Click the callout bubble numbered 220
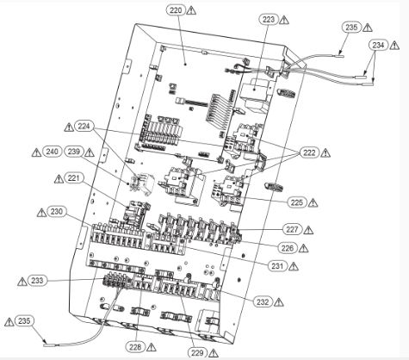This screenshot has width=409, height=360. [x=176, y=10]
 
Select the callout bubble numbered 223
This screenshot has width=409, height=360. [x=269, y=20]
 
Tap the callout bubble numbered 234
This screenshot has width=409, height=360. [x=378, y=45]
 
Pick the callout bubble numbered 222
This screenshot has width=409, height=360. [x=309, y=152]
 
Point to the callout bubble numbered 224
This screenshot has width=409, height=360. [x=84, y=126]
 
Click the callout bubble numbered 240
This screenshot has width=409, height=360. [x=52, y=152]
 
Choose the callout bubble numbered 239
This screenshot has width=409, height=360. [x=74, y=152]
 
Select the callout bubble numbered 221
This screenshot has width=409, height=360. [x=74, y=178]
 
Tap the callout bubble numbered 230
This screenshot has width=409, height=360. [x=57, y=212]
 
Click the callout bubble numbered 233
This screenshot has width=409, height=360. [x=37, y=281]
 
